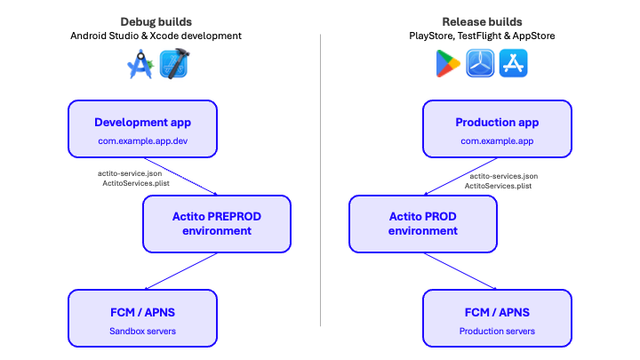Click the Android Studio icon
140,64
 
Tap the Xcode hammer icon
173,64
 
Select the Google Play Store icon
449,64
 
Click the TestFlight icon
481,64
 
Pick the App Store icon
513,64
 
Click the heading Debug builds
156,20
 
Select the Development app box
142,129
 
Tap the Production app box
497,129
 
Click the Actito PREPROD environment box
217,223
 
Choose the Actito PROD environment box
423,223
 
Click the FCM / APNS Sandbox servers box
142,318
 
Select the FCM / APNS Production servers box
497,318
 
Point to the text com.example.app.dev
142,141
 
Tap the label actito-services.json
501,175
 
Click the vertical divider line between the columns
320,178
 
